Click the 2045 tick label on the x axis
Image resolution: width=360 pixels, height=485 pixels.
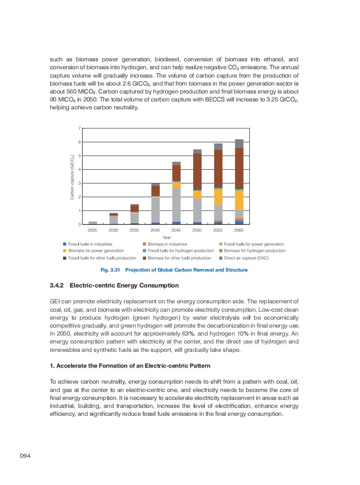click(x=176, y=230)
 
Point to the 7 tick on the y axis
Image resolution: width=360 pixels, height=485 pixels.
click(x=79, y=128)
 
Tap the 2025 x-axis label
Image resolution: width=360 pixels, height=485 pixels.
click(x=92, y=230)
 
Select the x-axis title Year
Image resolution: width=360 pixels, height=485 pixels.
click(x=166, y=237)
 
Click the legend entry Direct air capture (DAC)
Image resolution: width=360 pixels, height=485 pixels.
click(x=246, y=258)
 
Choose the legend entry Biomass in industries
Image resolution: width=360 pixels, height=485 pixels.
click(x=167, y=244)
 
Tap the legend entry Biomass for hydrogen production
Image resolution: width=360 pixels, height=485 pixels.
click(x=254, y=251)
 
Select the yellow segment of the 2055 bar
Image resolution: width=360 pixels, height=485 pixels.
click(x=218, y=197)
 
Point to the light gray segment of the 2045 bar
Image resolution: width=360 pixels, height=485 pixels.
click(x=176, y=205)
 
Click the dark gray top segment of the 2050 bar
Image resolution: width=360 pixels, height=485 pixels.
click(x=197, y=151)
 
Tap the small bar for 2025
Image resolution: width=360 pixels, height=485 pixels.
click(x=92, y=223)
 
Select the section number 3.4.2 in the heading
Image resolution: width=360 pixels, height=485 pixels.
click(x=57, y=285)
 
